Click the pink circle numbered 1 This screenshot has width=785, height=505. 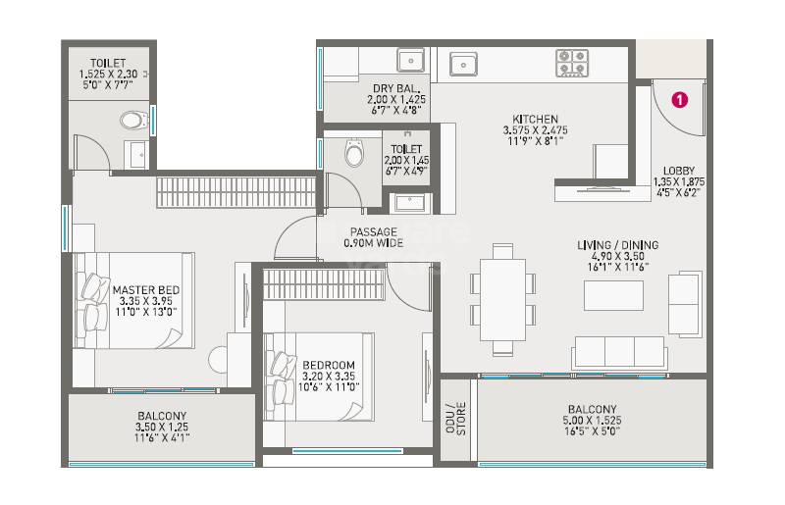(x=678, y=98)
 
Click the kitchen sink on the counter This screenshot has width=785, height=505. (x=463, y=64)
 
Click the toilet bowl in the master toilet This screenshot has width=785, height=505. (x=133, y=121)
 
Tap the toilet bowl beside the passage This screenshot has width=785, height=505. (x=353, y=154)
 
